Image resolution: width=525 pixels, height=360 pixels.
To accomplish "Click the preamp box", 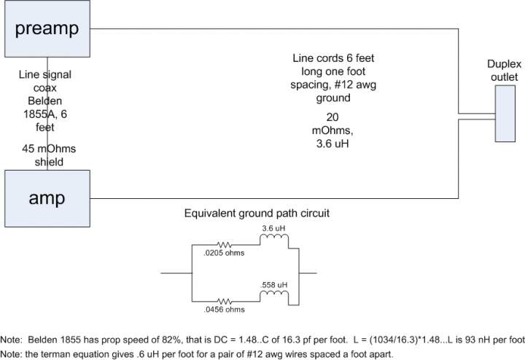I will [x=47, y=29].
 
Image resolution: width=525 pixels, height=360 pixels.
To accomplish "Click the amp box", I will [x=47, y=197].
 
